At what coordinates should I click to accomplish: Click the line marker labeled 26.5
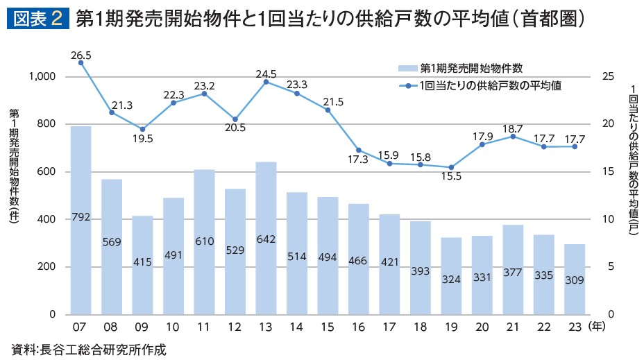[x=81, y=62]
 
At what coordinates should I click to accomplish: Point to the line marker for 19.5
[x=142, y=129]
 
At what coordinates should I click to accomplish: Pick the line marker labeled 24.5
[x=266, y=82]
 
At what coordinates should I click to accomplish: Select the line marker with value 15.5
[x=451, y=167]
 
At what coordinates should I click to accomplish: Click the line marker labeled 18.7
[x=512, y=136]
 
